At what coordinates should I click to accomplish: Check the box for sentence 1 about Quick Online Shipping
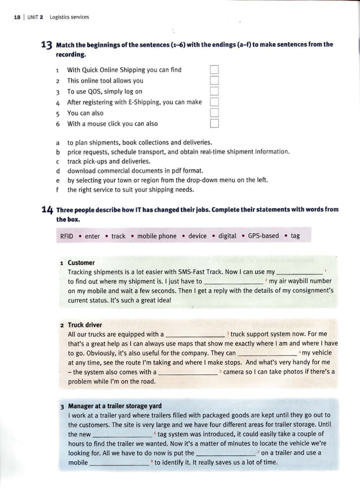pyautogui.click(x=214, y=70)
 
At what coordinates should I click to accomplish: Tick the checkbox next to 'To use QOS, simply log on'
pyautogui.click(x=214, y=91)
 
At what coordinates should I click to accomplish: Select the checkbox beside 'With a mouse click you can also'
pyautogui.click(x=214, y=124)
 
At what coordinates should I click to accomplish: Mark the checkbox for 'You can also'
pyautogui.click(x=214, y=113)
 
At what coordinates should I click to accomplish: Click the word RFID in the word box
pyautogui.click(x=67, y=236)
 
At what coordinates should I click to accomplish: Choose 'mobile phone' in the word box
pyautogui.click(x=157, y=236)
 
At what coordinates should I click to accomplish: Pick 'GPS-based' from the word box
pyautogui.click(x=263, y=236)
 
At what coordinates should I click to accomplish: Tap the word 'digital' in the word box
pyautogui.click(x=227, y=236)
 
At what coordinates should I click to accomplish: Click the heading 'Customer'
pyautogui.click(x=81, y=262)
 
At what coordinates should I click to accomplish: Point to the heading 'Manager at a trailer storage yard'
pyautogui.click(x=115, y=406)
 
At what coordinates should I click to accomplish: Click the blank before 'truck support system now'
pyautogui.click(x=195, y=335)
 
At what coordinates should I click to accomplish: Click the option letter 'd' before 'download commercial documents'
pyautogui.click(x=58, y=170)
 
